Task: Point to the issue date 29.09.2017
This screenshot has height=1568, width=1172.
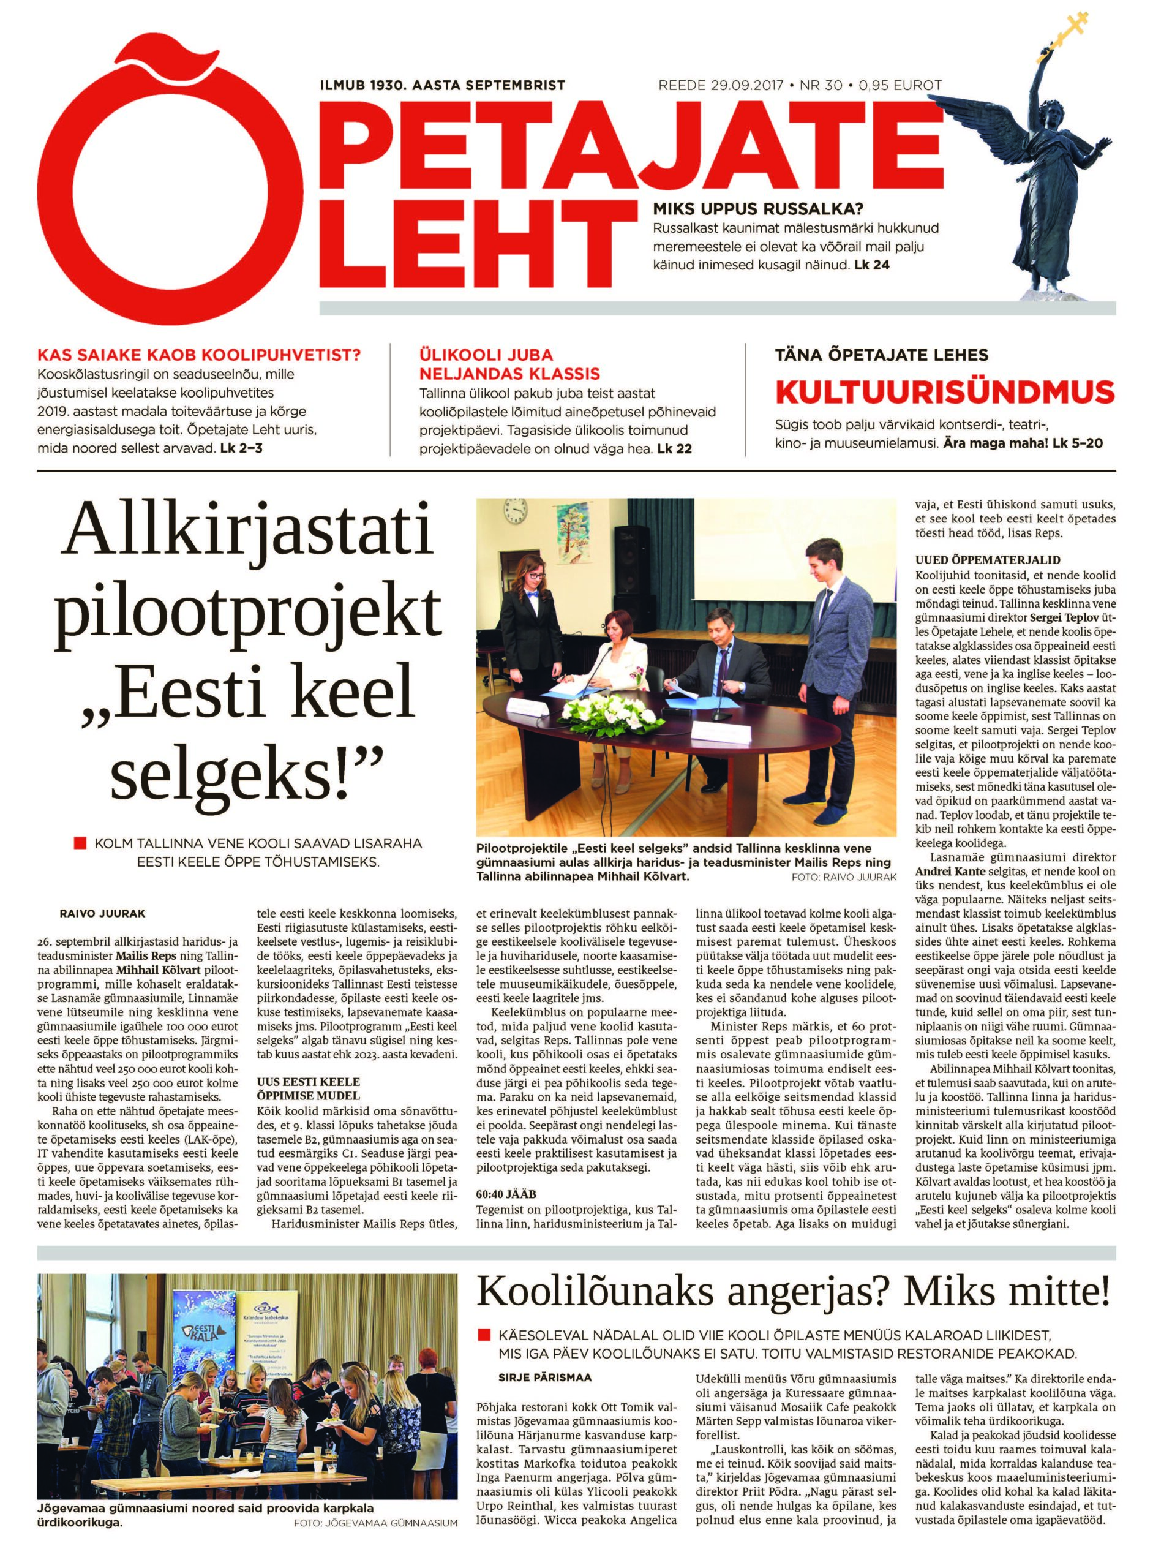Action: [x=745, y=85]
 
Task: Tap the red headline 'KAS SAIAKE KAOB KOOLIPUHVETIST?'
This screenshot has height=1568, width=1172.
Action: [x=199, y=355]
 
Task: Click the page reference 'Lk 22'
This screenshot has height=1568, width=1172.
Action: [x=674, y=450]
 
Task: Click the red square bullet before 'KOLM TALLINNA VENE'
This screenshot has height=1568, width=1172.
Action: [x=80, y=845]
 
